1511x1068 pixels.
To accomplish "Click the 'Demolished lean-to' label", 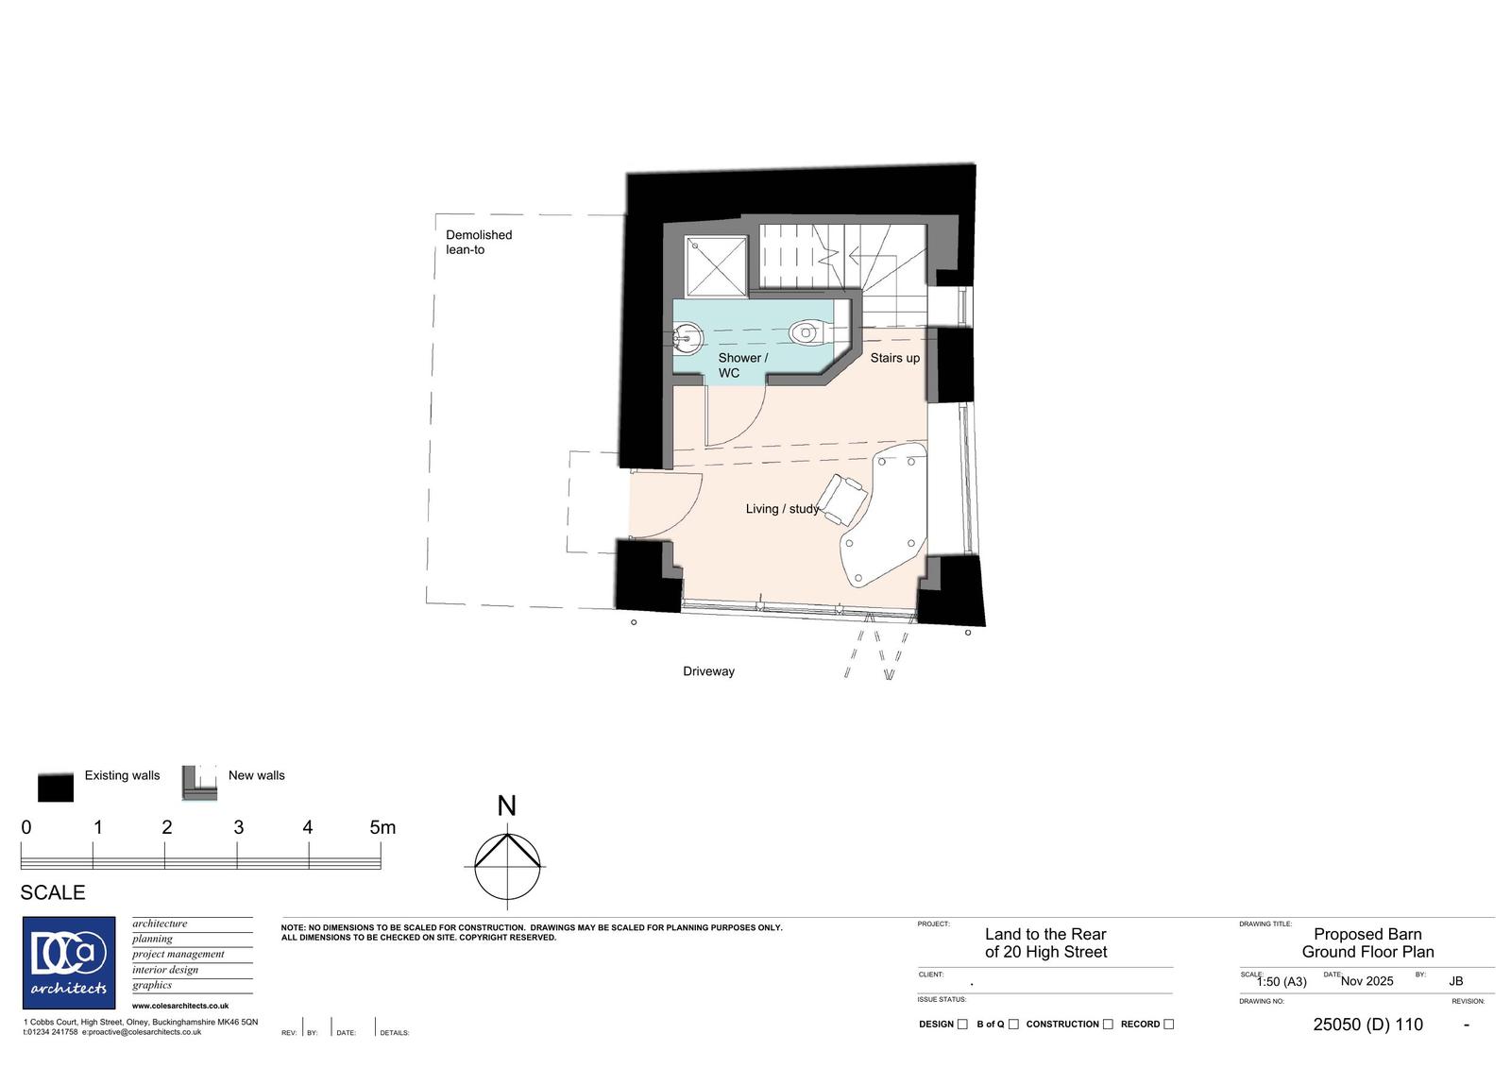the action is [479, 242].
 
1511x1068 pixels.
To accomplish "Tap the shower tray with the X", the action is [717, 265].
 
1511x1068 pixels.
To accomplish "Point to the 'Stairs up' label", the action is [894, 358].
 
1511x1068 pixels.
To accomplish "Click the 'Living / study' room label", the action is [782, 509].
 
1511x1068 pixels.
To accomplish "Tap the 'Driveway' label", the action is [708, 671].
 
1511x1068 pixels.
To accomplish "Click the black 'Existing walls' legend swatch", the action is [56, 787].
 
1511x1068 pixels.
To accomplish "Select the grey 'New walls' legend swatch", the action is [199, 783].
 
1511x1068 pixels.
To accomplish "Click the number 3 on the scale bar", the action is [238, 828].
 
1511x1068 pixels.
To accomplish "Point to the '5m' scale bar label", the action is [382, 828].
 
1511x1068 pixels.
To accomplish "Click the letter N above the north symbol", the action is [506, 805].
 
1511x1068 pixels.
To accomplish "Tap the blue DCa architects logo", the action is [69, 963].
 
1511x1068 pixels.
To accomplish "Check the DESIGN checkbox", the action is [962, 1025].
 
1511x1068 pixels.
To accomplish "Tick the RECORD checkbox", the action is [1169, 1025].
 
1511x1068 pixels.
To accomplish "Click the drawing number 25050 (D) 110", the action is [1368, 1025].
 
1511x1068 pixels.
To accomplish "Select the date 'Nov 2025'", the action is [1367, 982].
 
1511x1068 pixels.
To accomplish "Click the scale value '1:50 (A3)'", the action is [1282, 982].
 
